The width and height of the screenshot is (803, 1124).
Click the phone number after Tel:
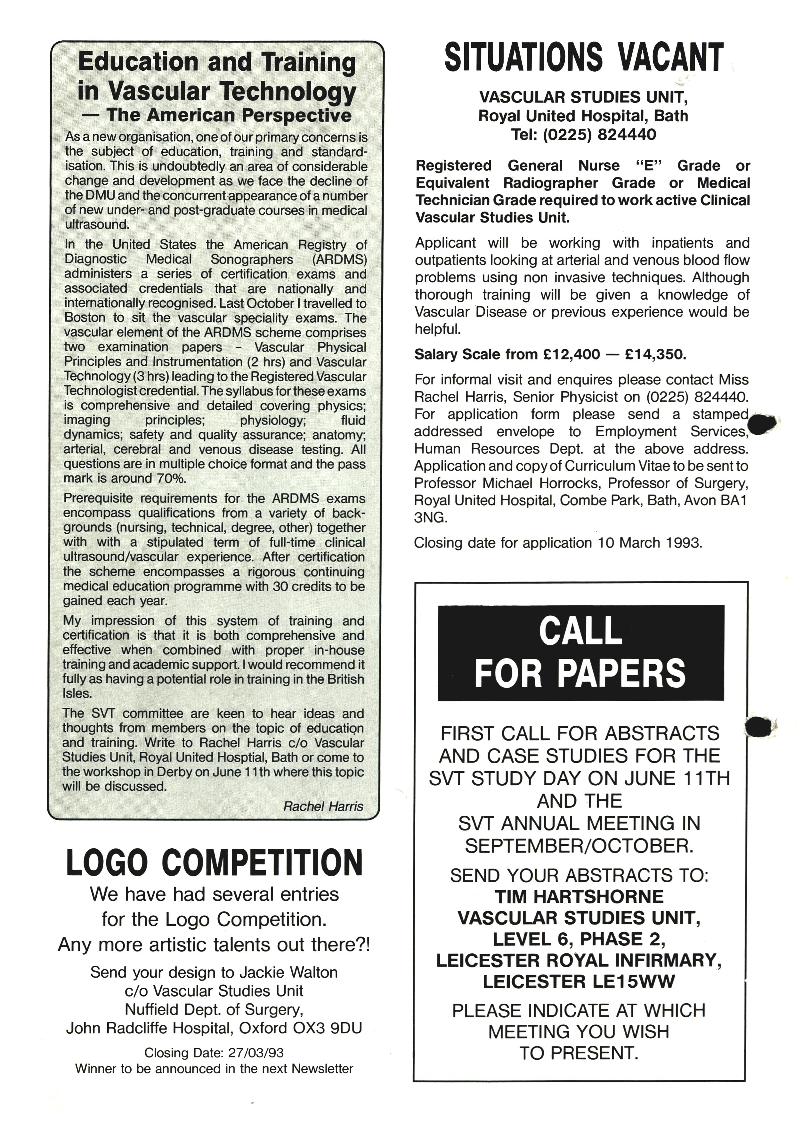pyautogui.click(x=599, y=134)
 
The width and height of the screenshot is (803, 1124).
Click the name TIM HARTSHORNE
pyautogui.click(x=579, y=897)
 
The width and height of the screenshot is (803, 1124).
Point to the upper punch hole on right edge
pyautogui.click(x=761, y=424)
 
